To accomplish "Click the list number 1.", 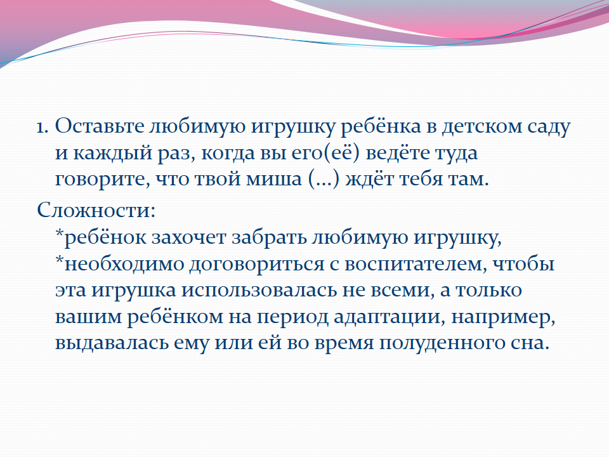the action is (x=42, y=127).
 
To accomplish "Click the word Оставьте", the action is (x=100, y=126).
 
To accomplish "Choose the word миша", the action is (x=274, y=179).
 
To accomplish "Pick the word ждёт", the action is (x=369, y=178).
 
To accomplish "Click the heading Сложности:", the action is (x=96, y=209).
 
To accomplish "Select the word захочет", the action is (x=188, y=238).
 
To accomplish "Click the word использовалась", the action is (x=259, y=290).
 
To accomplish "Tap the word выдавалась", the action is (x=112, y=343).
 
